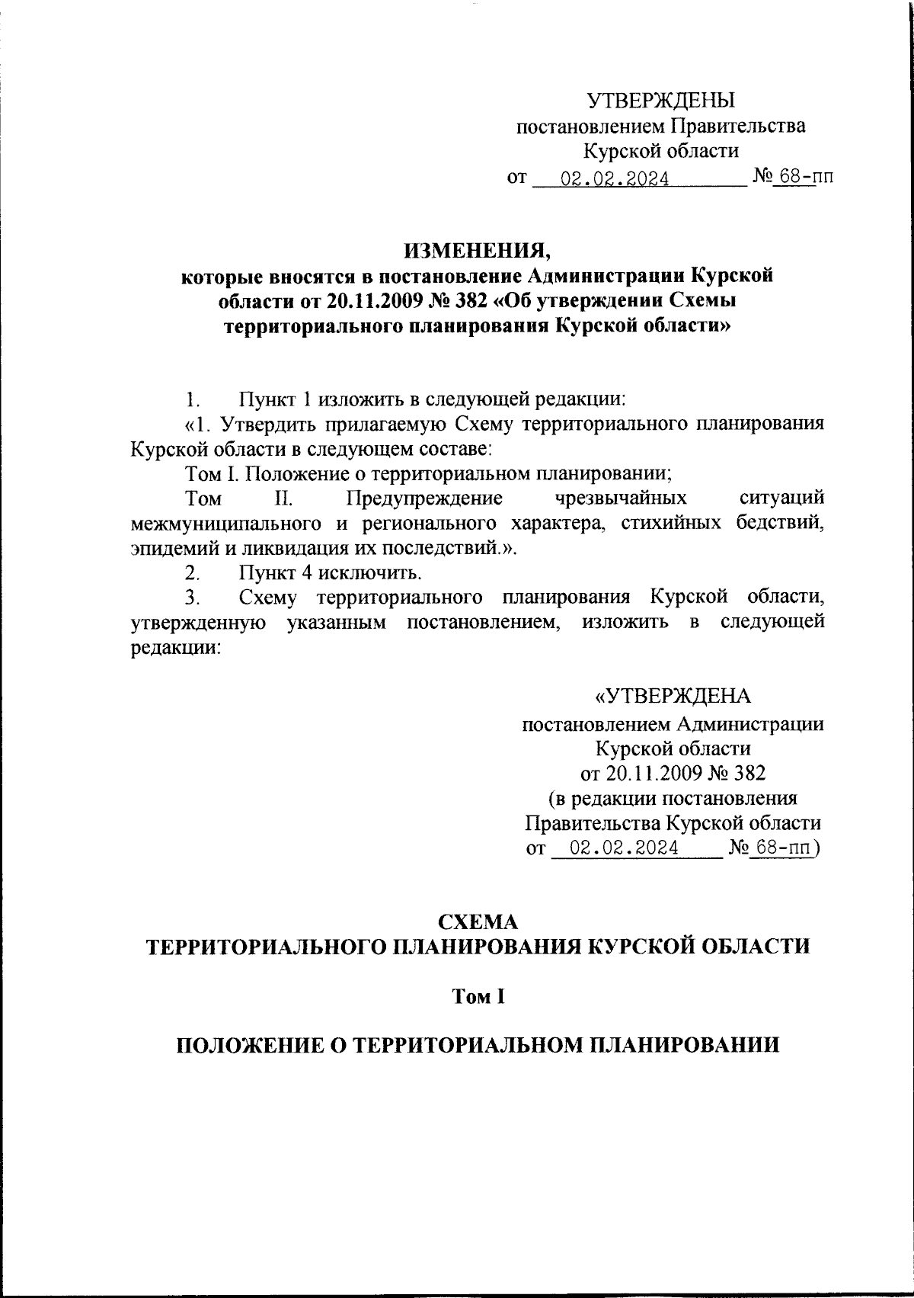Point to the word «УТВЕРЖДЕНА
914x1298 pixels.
tap(672, 697)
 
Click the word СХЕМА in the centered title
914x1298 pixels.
tap(475, 921)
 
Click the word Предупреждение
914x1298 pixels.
tap(423, 498)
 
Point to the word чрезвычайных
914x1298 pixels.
tap(621, 498)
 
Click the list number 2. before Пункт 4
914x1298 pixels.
tap(193, 572)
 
